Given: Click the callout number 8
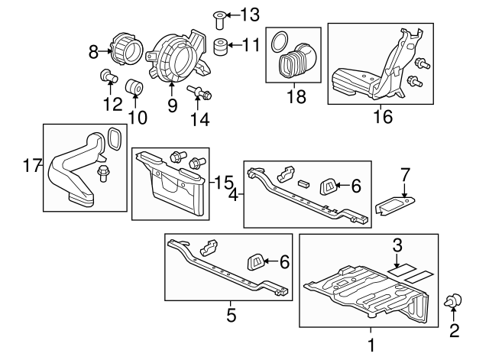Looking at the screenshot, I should coord(94,52).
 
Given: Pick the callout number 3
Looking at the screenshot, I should coord(397,245).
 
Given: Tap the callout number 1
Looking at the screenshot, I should coord(371,345).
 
